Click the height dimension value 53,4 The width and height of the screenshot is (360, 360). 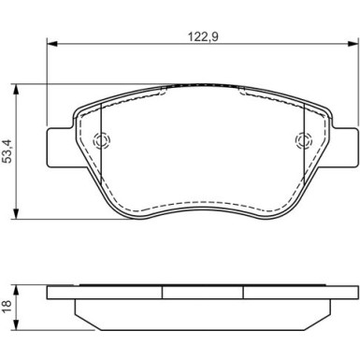tap(9, 151)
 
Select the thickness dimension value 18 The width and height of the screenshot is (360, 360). tap(9, 304)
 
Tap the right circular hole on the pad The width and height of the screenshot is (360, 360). tap(302, 142)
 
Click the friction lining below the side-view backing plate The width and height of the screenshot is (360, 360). tap(202, 311)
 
